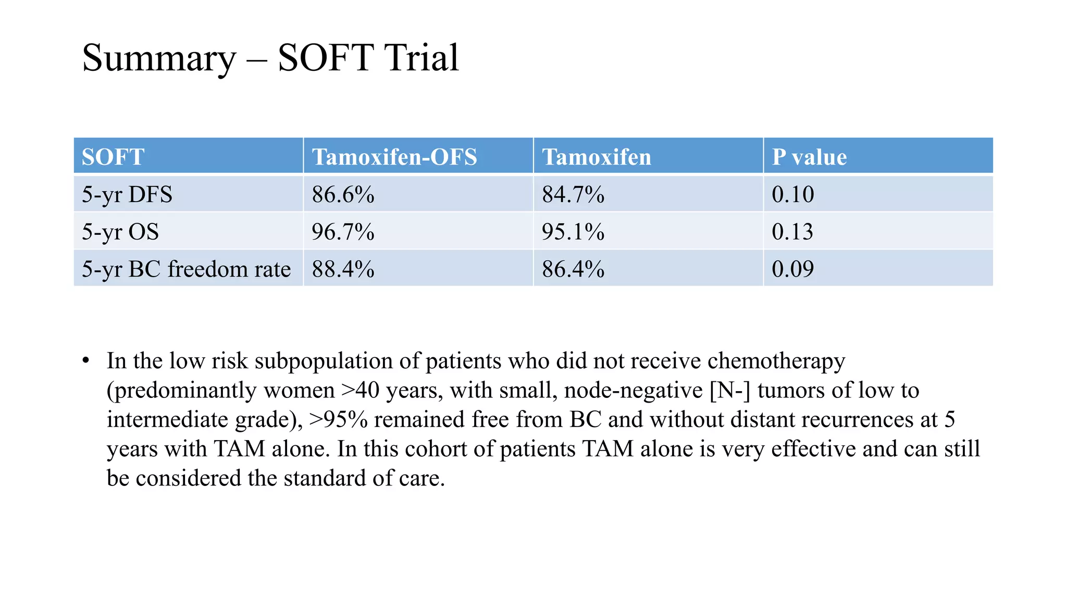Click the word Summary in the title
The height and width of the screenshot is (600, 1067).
coord(159,58)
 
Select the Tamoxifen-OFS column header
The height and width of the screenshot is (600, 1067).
coord(394,157)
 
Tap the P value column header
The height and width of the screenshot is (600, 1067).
coord(809,157)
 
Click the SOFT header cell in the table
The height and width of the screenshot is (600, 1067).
coord(113,157)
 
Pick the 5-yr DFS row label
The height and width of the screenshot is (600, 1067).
coord(127,194)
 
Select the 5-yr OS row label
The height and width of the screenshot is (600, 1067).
coord(120,231)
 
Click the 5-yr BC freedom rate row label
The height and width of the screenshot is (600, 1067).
coord(186,269)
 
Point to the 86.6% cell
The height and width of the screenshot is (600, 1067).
coord(343,194)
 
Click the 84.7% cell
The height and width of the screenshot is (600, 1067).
coord(573,194)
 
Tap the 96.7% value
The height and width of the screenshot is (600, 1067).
coord(343,231)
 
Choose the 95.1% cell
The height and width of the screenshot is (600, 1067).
coord(573,231)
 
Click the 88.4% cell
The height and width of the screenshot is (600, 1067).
coord(343,269)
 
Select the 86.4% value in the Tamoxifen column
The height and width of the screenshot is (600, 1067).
coord(573,269)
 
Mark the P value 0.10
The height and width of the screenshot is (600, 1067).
coord(792,194)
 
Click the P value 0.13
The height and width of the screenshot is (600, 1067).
coord(792,231)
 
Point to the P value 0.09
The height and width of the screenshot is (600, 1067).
coord(792,269)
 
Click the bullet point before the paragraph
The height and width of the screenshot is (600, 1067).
coord(86,360)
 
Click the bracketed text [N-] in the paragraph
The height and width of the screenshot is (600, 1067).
coord(729,390)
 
